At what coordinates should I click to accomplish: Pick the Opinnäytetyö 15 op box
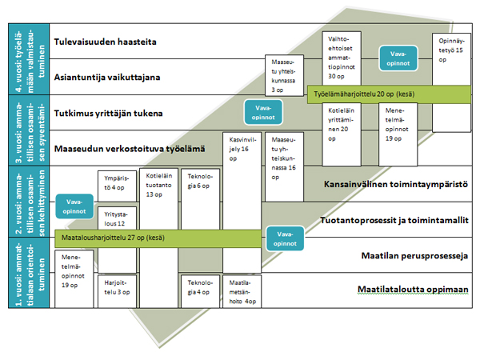pos(450,56)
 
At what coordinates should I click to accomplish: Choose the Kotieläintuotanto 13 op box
pos(157,186)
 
